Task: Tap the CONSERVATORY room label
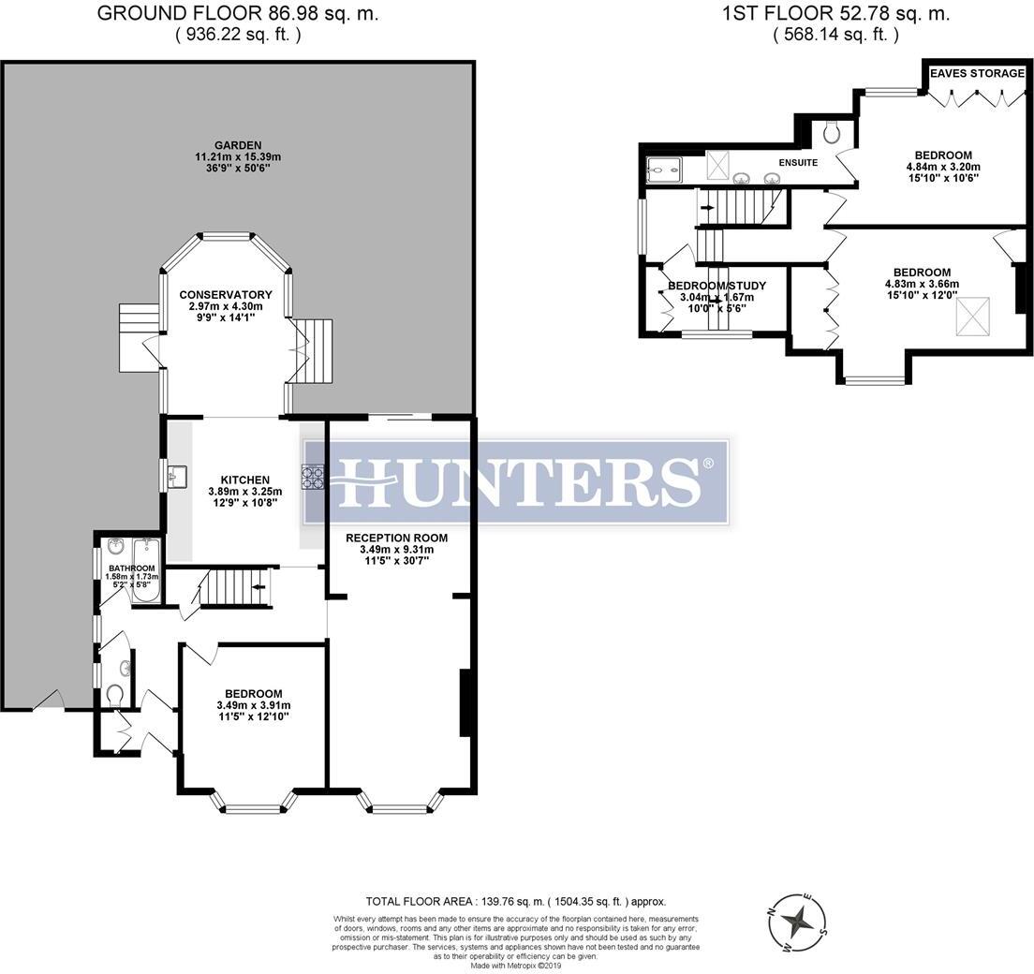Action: click(226, 295)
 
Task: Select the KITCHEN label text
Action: click(226, 480)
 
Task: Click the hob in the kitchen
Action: click(312, 478)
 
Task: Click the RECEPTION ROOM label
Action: click(396, 538)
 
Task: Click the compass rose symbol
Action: click(798, 922)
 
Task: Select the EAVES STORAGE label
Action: click(977, 73)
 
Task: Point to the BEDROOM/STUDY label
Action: click(716, 286)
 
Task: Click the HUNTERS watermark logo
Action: click(517, 480)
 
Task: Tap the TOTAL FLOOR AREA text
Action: click(516, 901)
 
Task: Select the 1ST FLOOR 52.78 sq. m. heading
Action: click(835, 14)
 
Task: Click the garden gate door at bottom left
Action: click(49, 701)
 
